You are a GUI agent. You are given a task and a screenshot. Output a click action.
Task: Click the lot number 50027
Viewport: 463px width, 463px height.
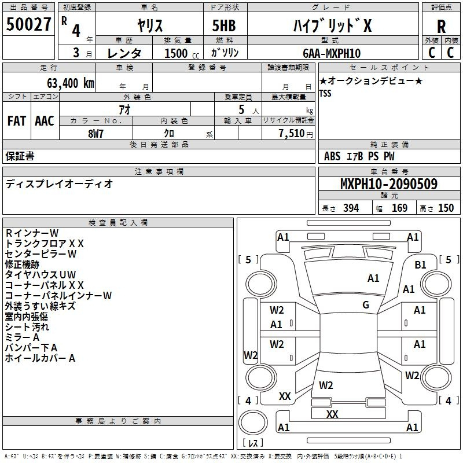pyautogui.click(x=28, y=25)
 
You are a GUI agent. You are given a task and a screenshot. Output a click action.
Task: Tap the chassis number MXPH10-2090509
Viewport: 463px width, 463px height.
pyautogui.click(x=388, y=184)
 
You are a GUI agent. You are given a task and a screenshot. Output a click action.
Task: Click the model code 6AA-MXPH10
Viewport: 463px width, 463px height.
pyautogui.click(x=331, y=53)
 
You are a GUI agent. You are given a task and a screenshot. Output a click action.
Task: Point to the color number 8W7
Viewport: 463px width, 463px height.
pyautogui.click(x=95, y=134)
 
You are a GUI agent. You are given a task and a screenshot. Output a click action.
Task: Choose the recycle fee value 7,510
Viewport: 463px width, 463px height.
pyautogui.click(x=291, y=134)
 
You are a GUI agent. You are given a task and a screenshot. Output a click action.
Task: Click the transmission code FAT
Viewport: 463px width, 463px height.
pyautogui.click(x=16, y=120)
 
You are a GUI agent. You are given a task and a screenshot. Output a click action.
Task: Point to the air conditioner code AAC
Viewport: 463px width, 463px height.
pyautogui.click(x=44, y=120)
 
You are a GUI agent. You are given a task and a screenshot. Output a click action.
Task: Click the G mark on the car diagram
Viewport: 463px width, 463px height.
pyautogui.click(x=366, y=304)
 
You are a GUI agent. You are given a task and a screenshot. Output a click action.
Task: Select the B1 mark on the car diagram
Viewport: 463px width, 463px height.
pyautogui.click(x=420, y=265)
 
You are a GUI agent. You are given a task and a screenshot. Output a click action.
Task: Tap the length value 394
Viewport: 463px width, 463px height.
pyautogui.click(x=351, y=208)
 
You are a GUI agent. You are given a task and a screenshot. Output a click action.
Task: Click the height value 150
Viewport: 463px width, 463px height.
pyautogui.click(x=446, y=208)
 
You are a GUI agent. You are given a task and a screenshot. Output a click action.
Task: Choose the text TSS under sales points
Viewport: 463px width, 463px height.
pyautogui.click(x=325, y=94)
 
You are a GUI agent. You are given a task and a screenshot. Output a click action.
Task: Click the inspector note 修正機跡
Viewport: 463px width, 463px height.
pyautogui.click(x=22, y=264)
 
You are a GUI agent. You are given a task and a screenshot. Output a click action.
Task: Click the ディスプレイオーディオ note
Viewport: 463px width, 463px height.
pyautogui.click(x=59, y=184)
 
